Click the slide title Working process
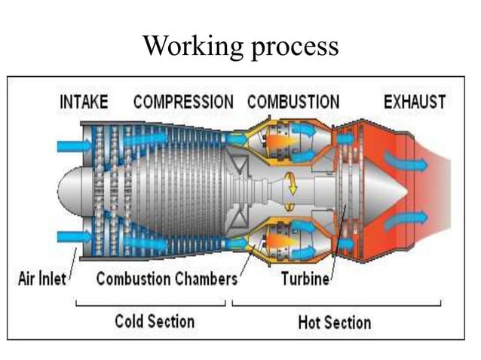[240, 47]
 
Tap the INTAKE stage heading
[84, 102]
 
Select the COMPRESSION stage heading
[183, 102]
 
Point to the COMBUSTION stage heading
[293, 102]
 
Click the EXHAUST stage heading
[414, 102]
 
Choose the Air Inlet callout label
[41, 279]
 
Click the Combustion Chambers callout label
[166, 279]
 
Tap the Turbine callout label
[305, 279]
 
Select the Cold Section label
[154, 322]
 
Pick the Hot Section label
[335, 322]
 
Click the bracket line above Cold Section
[151, 305]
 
